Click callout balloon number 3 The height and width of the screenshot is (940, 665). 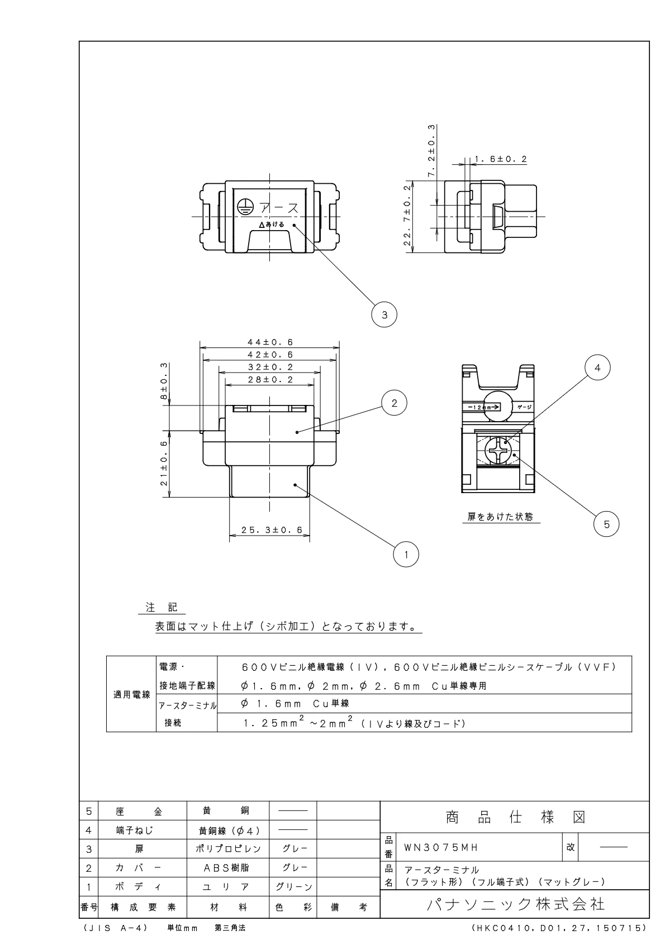[384, 315]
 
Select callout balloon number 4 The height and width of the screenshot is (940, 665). [597, 368]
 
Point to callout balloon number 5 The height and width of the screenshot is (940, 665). [606, 524]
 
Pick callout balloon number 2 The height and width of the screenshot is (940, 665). [395, 403]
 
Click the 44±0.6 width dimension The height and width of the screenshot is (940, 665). [270, 342]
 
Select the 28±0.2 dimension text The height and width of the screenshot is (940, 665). [270, 380]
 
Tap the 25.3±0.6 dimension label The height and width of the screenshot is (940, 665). [272, 529]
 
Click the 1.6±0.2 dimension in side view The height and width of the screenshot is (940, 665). [501, 159]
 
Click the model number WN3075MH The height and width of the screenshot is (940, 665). [441, 847]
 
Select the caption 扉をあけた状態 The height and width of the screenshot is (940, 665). [500, 517]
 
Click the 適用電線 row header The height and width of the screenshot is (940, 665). [132, 695]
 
